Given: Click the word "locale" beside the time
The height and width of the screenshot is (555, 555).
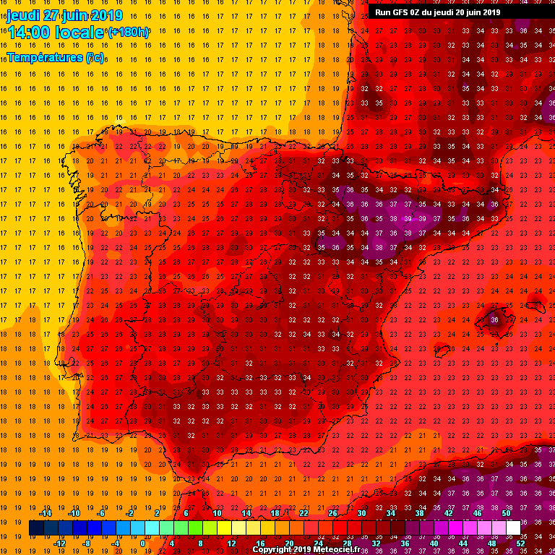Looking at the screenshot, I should point(80,32).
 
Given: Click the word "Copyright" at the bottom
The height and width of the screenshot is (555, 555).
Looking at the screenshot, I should point(272,550).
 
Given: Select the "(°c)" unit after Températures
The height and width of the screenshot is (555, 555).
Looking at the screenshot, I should point(94,56).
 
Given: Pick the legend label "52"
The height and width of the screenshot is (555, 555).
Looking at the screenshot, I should point(520,543).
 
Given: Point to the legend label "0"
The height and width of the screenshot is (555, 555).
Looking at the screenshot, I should point(143,543).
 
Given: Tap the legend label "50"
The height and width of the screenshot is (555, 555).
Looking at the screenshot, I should point(506,513).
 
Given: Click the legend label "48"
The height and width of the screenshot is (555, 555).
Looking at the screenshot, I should point(491,543).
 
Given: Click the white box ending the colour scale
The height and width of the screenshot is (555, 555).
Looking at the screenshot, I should point(513,528).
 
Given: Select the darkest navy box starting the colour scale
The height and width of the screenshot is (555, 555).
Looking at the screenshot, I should point(36,528).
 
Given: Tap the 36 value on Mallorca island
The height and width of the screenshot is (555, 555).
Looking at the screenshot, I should point(494,319).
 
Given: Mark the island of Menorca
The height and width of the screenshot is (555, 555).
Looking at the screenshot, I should point(535,302).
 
